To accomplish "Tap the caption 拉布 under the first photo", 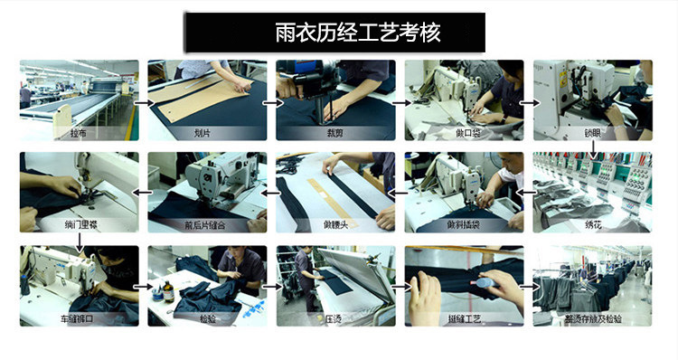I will tap(79, 133).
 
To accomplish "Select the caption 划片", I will tap(207, 133).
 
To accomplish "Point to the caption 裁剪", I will tap(335, 133).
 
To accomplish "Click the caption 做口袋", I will tap(464, 133).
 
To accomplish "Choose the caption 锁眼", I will tap(592, 133).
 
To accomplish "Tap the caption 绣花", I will tap(592, 224).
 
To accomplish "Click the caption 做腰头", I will tap(335, 224).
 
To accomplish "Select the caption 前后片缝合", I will tap(207, 224).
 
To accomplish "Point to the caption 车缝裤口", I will tap(79, 319).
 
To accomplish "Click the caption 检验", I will tap(207, 319).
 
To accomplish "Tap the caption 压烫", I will tap(335, 319).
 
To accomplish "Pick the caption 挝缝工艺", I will tap(464, 319).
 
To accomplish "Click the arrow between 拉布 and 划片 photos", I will tap(143, 102).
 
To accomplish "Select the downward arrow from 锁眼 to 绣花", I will tap(592, 147).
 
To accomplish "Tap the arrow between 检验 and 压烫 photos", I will tap(271, 286).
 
